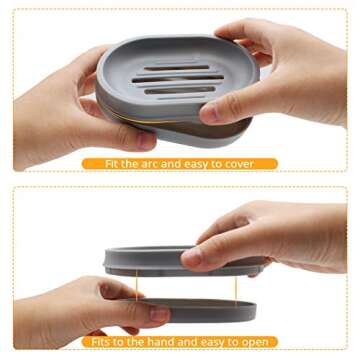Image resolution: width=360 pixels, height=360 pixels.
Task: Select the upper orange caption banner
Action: (x=180, y=163)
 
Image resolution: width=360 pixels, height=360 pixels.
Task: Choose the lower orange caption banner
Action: (x=180, y=340)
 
